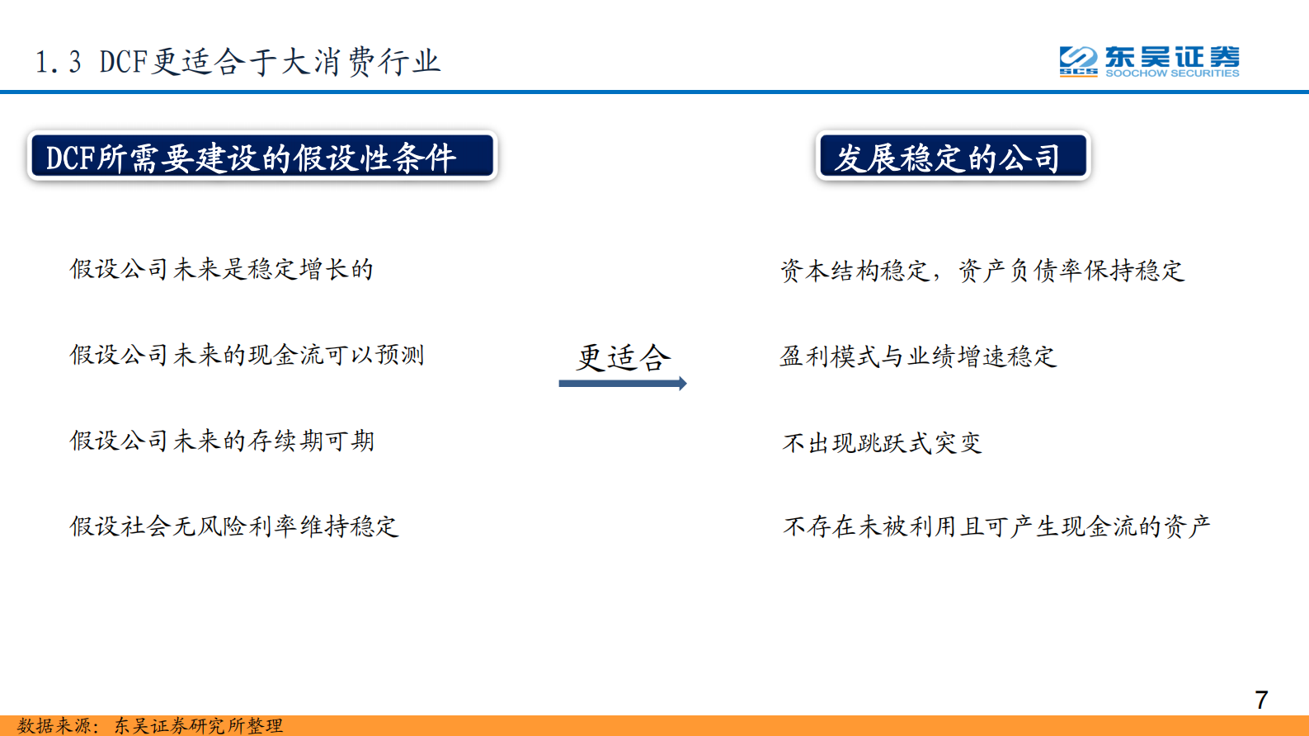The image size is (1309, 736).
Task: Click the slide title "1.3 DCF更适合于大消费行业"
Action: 238,62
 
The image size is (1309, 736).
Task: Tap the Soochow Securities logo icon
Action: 1078,60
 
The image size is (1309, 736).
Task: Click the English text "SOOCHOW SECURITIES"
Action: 1172,73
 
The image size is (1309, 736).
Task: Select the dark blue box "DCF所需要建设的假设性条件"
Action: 262,156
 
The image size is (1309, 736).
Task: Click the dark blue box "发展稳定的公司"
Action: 953,156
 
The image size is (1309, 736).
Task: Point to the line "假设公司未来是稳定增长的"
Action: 221,269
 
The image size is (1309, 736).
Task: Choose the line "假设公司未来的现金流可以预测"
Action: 247,355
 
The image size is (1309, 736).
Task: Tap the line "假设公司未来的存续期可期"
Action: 221,441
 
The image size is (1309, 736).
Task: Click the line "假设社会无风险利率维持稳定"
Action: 234,526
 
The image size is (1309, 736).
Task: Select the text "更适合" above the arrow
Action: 624,357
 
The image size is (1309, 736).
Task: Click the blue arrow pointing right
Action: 623,384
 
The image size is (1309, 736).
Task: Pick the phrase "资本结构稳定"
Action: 855,271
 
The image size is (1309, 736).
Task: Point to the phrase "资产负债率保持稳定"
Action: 1071,271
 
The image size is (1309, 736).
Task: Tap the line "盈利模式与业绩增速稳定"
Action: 918,356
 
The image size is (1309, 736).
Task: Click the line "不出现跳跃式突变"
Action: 882,443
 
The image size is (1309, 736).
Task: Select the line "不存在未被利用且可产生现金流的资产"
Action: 996,526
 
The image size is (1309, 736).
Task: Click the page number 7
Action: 1261,701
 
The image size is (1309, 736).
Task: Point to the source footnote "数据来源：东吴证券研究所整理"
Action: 150,726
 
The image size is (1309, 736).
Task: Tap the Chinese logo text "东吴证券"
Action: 1172,57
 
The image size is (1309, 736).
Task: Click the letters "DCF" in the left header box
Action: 69,158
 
